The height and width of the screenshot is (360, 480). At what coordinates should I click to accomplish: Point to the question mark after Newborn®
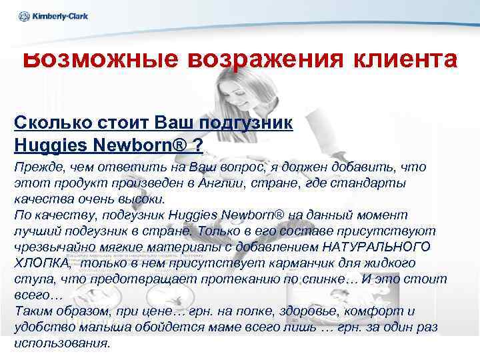[199, 143]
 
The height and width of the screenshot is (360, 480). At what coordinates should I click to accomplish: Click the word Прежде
[35, 167]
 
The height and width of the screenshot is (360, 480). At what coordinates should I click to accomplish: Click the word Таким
[33, 311]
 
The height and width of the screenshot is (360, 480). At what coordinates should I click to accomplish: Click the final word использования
[61, 344]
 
